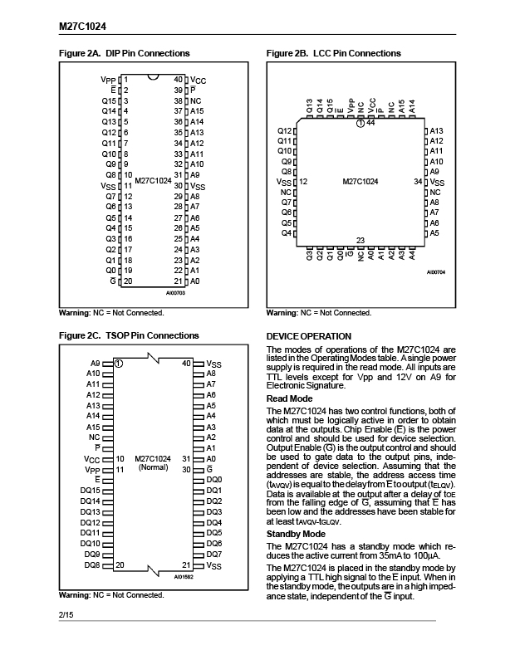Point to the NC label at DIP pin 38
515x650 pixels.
(196, 100)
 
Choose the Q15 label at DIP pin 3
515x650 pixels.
(109, 100)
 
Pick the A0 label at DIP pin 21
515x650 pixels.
(195, 281)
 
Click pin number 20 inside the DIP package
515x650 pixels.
(129, 281)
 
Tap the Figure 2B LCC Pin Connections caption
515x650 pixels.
(333, 53)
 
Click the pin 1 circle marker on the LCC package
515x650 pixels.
(360, 123)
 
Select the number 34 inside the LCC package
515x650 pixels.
(418, 181)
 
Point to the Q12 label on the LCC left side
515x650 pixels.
(284, 131)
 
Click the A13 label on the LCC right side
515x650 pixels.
(437, 131)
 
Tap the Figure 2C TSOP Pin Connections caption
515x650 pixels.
(129, 335)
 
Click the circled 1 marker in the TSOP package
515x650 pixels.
(120, 364)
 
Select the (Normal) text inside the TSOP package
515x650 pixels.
(152, 467)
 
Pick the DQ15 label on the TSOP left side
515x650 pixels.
(91, 491)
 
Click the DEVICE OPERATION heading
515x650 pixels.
(308, 336)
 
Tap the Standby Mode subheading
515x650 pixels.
(296, 534)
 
